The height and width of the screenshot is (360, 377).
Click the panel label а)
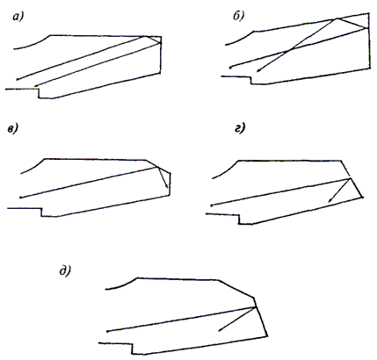point(18,18)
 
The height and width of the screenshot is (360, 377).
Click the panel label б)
point(239,17)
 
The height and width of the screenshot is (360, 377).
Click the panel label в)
point(13,129)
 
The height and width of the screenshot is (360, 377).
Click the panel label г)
point(240,128)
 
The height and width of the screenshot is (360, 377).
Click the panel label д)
point(65,271)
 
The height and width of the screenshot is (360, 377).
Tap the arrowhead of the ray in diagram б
point(257,70)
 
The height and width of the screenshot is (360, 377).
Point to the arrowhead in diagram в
point(166,185)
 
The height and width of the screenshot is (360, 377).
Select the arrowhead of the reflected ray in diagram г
point(330,200)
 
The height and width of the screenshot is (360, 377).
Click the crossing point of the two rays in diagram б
point(289,50)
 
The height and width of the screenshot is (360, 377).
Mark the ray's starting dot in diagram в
point(20,198)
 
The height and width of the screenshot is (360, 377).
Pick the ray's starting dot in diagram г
point(212,205)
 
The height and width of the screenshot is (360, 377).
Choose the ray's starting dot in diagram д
point(108,331)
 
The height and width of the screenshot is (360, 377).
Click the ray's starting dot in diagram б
point(230,68)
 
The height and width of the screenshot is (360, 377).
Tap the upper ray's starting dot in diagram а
point(18,79)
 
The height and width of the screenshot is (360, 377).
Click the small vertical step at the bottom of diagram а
point(39,93)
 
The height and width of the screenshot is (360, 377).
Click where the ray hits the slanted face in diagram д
point(256,306)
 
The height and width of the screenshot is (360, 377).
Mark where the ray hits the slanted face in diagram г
point(350,178)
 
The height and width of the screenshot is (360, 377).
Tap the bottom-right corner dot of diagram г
point(362,198)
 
